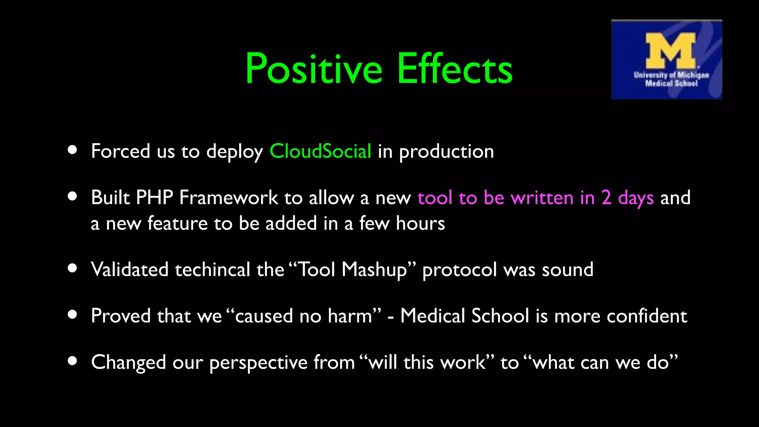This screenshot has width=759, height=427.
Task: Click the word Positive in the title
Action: (x=313, y=69)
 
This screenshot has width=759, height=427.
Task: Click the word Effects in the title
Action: (x=455, y=69)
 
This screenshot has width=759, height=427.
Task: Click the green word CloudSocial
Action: (x=320, y=151)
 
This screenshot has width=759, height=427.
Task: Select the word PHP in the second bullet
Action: (x=155, y=198)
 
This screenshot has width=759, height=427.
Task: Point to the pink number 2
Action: (x=606, y=198)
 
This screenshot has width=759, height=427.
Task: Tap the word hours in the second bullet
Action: (x=420, y=224)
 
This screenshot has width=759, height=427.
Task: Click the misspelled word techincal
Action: (x=213, y=269)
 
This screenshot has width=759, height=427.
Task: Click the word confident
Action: (x=647, y=316)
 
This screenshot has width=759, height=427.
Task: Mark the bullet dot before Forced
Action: (x=73, y=150)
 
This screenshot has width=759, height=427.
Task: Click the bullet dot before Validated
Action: (x=73, y=268)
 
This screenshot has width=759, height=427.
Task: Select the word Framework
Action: (x=229, y=198)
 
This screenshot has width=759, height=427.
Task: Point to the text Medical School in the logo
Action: (x=671, y=83)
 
